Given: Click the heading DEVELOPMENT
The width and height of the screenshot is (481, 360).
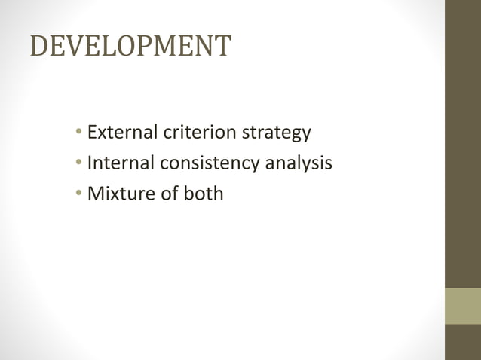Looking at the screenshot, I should click(x=130, y=47).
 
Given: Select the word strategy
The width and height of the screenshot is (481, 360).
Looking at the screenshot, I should click(x=276, y=134).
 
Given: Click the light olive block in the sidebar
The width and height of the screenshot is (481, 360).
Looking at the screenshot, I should click(x=462, y=306).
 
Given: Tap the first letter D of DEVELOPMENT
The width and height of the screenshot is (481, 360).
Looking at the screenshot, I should click(x=38, y=47).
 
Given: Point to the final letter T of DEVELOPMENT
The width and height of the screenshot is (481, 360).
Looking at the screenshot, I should click(x=222, y=47).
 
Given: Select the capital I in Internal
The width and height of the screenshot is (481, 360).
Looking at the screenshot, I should click(x=90, y=163).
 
